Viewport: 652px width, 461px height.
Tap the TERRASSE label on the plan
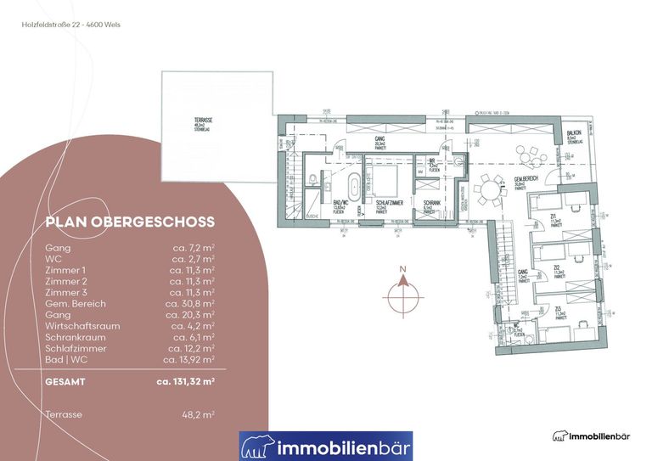point(203,125)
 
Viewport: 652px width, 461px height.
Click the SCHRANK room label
point(430,204)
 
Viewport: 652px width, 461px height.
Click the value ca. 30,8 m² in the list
point(192,302)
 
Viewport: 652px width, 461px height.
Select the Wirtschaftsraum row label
point(82,325)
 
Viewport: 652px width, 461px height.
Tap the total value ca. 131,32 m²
point(186,382)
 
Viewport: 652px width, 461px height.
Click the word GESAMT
point(66,382)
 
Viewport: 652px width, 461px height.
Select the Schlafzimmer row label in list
point(76,348)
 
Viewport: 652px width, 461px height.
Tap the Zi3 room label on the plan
point(558,311)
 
